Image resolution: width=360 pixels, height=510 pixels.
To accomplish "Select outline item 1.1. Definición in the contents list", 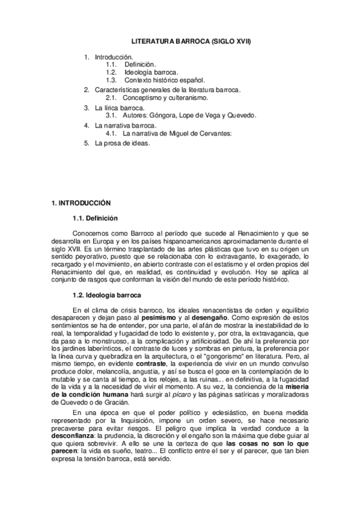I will pos(139,64).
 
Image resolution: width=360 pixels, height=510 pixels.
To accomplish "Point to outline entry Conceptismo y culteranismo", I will pos(165,97).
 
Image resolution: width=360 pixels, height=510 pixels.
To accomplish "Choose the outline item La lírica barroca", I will pos(120,107).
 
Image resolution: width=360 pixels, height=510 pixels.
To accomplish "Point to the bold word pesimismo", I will pos(162,316).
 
